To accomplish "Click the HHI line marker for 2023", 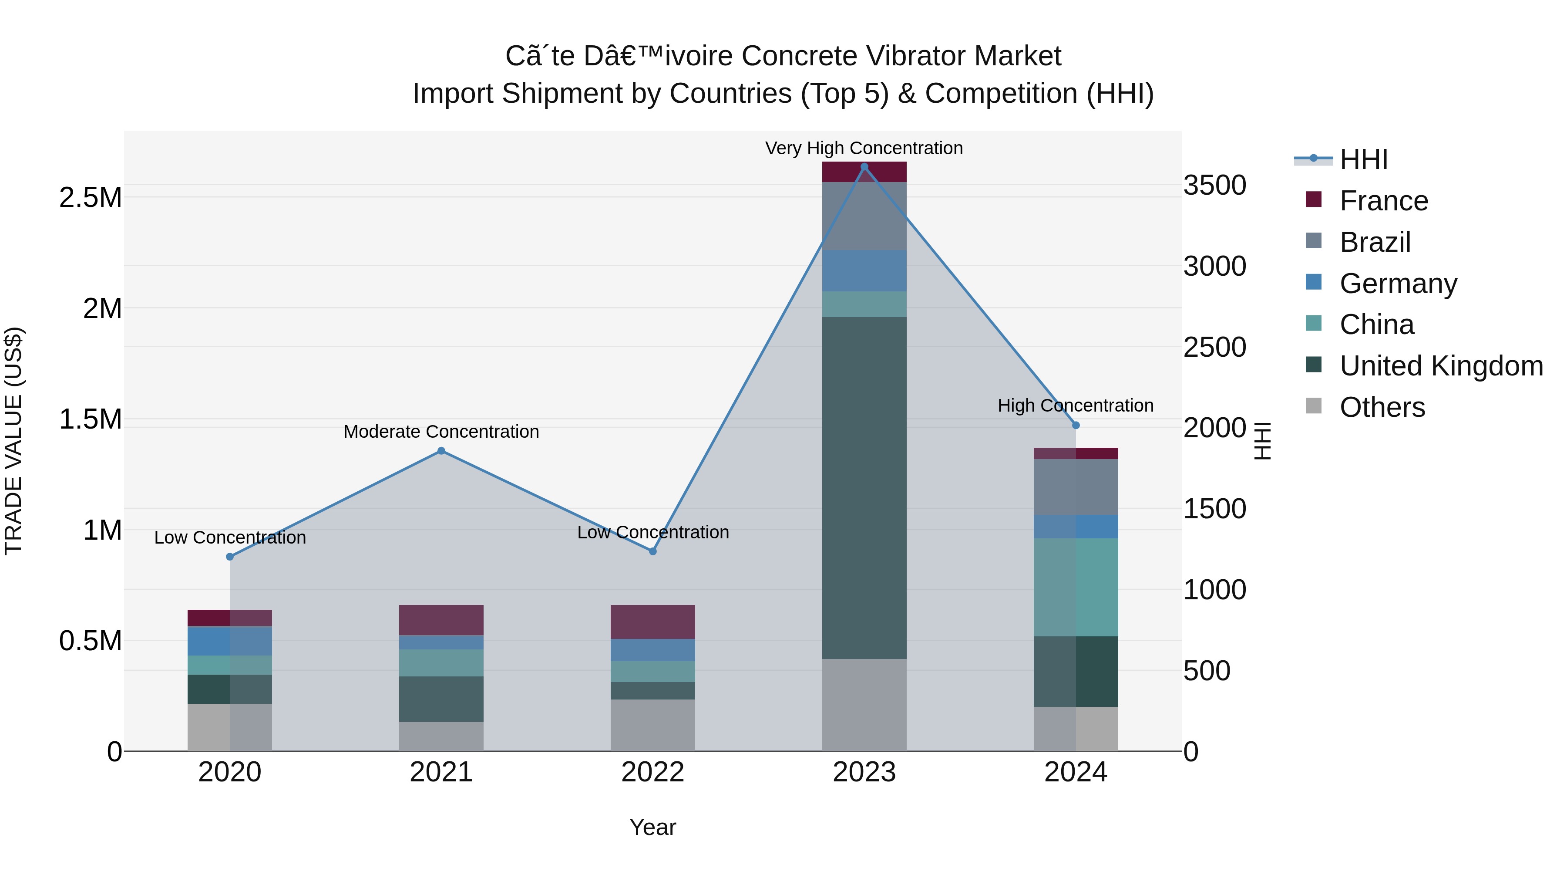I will [x=864, y=167].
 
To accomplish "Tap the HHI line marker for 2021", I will [x=441, y=451].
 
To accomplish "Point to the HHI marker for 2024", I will [x=1076, y=426].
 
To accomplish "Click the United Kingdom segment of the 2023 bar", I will [x=864, y=487].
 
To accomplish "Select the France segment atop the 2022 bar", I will [x=653, y=622].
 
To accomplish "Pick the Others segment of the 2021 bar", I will [x=441, y=736].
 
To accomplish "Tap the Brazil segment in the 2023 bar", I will [x=864, y=216].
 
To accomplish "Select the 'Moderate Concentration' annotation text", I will [x=441, y=432].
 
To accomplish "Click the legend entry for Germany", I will [x=1398, y=284].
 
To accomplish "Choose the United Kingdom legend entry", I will [x=1440, y=366].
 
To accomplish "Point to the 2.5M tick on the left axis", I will [x=90, y=198].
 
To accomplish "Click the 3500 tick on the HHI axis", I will [x=1214, y=186].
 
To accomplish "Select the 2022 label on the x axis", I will [x=653, y=772].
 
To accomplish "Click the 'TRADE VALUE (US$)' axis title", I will [x=14, y=441].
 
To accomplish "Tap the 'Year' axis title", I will [x=653, y=827].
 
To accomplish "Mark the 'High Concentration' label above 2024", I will [x=1076, y=406].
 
